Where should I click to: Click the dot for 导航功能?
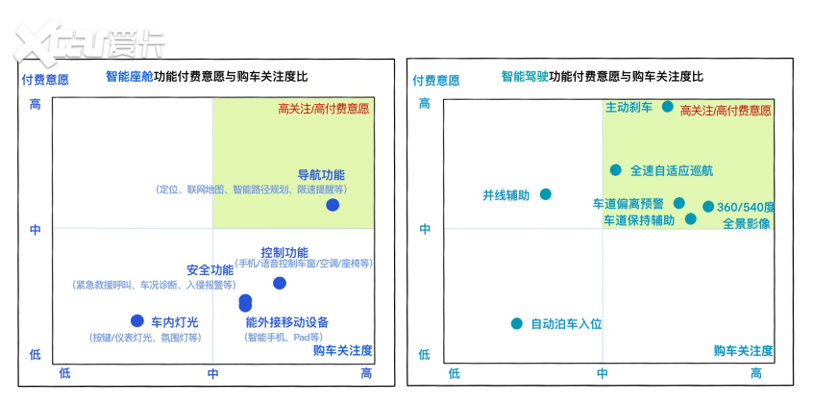(333, 205)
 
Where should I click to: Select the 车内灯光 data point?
(136, 320)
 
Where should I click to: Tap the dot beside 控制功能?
(280, 283)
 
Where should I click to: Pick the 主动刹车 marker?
(668, 107)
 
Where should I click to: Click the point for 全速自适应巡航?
(616, 170)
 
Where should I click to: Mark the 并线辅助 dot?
(546, 194)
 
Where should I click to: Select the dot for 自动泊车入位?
(517, 323)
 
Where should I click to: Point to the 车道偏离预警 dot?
(679, 203)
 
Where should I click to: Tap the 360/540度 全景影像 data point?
(708, 206)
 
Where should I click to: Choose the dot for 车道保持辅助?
(691, 219)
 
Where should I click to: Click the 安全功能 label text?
(209, 269)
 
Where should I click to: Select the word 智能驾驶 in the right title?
(525, 76)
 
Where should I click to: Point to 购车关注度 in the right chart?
(743, 350)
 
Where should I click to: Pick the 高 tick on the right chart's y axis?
(424, 104)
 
